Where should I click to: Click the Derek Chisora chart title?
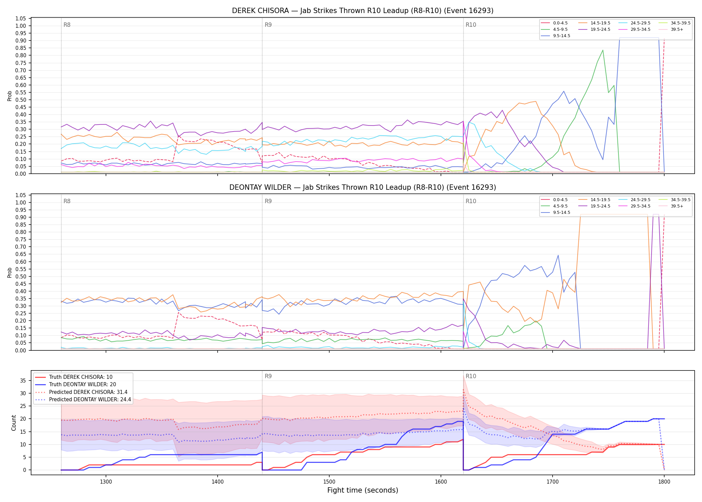point(363,11)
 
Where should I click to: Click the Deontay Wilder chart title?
point(363,187)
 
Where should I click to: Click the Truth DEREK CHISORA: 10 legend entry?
point(74,377)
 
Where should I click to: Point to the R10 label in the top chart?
point(471,25)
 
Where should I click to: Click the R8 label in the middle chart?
point(67,201)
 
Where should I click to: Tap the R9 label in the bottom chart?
point(268,376)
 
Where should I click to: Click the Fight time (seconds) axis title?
point(363,490)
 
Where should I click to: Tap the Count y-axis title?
point(14,423)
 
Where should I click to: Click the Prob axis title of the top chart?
point(10,96)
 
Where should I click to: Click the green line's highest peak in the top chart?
point(603,50)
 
